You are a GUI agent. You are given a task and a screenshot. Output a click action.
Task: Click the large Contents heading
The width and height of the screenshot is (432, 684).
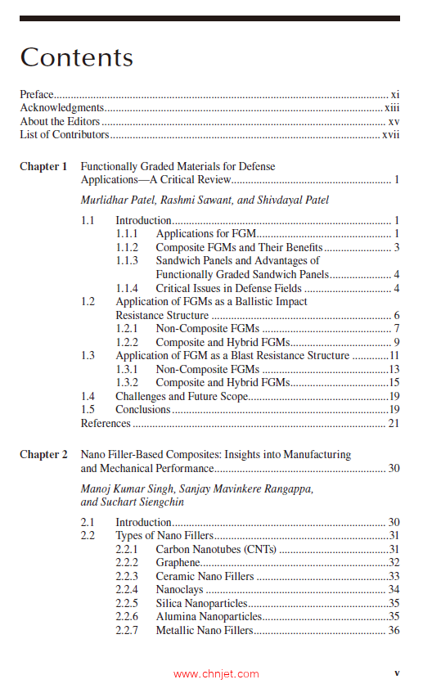pyautogui.click(x=77, y=57)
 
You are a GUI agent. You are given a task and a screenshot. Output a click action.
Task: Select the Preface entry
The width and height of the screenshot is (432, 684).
pyautogui.click(x=37, y=95)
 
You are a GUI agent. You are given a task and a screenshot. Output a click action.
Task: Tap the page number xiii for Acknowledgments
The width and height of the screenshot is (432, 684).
pyautogui.click(x=392, y=108)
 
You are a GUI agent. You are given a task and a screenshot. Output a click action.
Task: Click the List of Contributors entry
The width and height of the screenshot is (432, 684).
pyautogui.click(x=65, y=134)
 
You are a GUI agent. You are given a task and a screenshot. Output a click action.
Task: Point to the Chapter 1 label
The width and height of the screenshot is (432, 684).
pyautogui.click(x=43, y=167)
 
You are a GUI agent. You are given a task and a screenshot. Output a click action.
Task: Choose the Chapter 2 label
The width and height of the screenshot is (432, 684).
pyautogui.click(x=43, y=454)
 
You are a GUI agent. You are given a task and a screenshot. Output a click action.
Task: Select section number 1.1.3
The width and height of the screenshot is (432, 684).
pyautogui.click(x=128, y=261)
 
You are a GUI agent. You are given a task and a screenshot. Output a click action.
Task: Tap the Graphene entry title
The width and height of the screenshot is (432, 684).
pyautogui.click(x=178, y=562)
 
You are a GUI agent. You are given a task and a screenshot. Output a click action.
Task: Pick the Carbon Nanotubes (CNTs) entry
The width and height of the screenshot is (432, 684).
pyautogui.click(x=216, y=549)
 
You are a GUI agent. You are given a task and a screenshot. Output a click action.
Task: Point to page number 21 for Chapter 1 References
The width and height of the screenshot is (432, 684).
pyautogui.click(x=394, y=423)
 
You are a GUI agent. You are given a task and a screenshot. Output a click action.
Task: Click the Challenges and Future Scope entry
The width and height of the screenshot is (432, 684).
pyautogui.click(x=182, y=396)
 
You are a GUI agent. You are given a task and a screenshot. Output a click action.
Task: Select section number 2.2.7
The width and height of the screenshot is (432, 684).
pyautogui.click(x=128, y=630)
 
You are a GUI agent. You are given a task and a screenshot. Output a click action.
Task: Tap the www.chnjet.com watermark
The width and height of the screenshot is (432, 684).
pyautogui.click(x=216, y=674)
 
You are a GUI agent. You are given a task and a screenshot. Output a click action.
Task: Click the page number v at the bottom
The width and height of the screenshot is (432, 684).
pyautogui.click(x=397, y=673)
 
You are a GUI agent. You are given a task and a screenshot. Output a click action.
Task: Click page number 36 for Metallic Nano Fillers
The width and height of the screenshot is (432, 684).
pyautogui.click(x=394, y=630)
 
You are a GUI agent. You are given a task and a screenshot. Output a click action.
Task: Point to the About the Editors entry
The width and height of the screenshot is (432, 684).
pyautogui.click(x=55, y=121)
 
